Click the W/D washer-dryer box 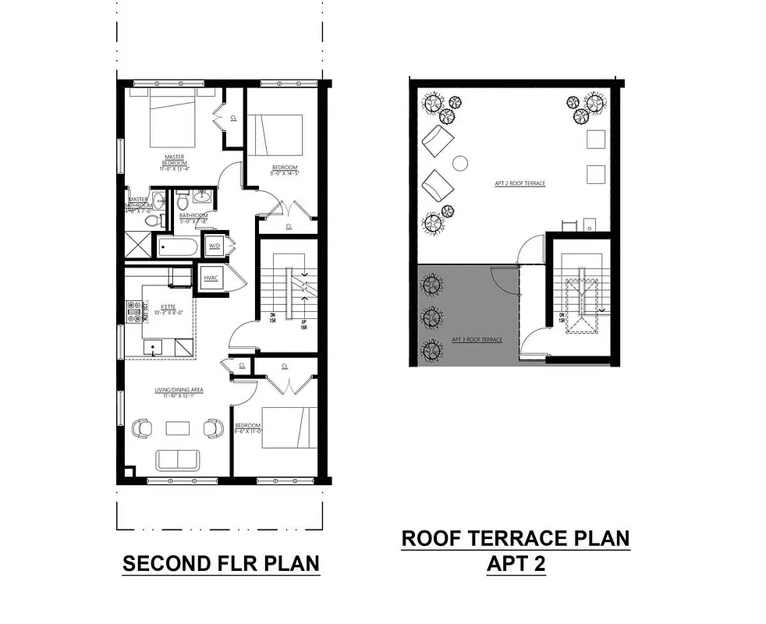214,247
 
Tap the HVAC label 210,278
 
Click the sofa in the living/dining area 177,460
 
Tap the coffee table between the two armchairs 177,427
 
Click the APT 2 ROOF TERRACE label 520,183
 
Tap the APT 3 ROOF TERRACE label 477,339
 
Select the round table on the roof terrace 460,163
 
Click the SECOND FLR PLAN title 221,563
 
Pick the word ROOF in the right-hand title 433,538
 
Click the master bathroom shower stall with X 139,244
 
